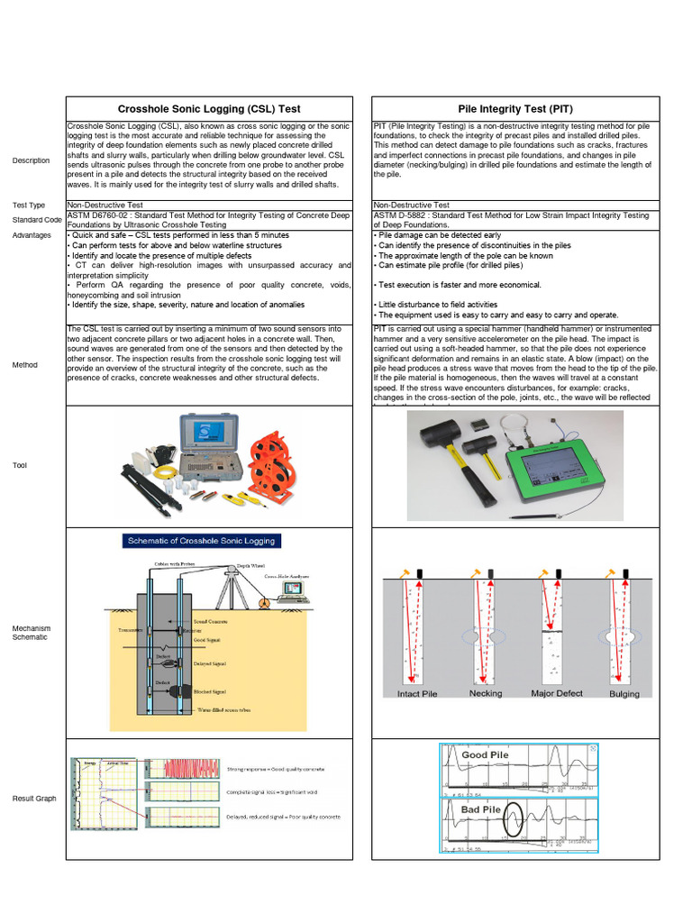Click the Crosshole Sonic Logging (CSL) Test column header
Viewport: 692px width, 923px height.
tap(209, 107)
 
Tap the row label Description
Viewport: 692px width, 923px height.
tap(32, 160)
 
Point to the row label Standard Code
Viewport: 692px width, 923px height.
tap(37, 220)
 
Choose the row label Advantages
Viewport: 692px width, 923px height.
tap(32, 234)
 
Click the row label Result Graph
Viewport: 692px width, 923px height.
tap(34, 799)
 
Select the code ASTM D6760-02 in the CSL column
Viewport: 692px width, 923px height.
tap(100, 215)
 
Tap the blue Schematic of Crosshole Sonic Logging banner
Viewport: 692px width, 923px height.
tap(201, 541)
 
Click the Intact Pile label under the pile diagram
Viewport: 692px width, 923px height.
tap(417, 694)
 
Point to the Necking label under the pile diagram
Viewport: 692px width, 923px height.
tap(486, 694)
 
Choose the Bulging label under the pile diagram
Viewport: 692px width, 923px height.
tap(624, 694)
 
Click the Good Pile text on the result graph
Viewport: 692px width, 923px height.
tap(486, 754)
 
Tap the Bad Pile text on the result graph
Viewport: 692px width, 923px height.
tap(480, 809)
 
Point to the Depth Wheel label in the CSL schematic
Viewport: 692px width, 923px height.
tap(250, 565)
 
